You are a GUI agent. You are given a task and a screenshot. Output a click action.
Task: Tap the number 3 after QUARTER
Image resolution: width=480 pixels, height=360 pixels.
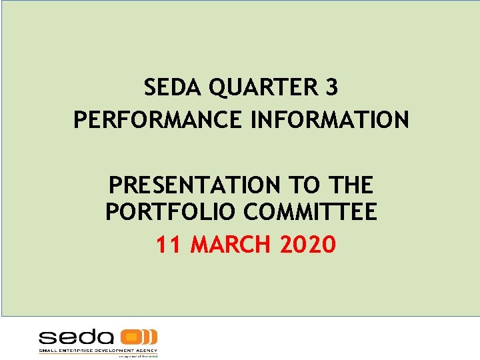pyautogui.click(x=331, y=87)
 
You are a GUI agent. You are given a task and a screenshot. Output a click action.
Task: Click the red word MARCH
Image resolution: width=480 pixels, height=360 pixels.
pyautogui.click(x=231, y=245)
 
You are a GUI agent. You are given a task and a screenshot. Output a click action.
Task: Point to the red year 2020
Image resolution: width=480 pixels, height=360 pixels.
pyautogui.click(x=308, y=245)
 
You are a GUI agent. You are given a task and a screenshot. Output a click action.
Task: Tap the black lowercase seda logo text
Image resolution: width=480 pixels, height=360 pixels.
pyautogui.click(x=76, y=337)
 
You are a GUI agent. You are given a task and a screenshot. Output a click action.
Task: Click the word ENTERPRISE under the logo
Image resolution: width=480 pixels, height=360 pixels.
pyautogui.click(x=74, y=350)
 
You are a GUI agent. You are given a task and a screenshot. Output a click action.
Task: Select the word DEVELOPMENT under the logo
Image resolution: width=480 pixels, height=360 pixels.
pyautogui.click(x=114, y=350)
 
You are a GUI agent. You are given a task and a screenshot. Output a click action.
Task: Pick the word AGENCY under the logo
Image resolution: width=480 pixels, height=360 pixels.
pyautogui.click(x=147, y=350)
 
